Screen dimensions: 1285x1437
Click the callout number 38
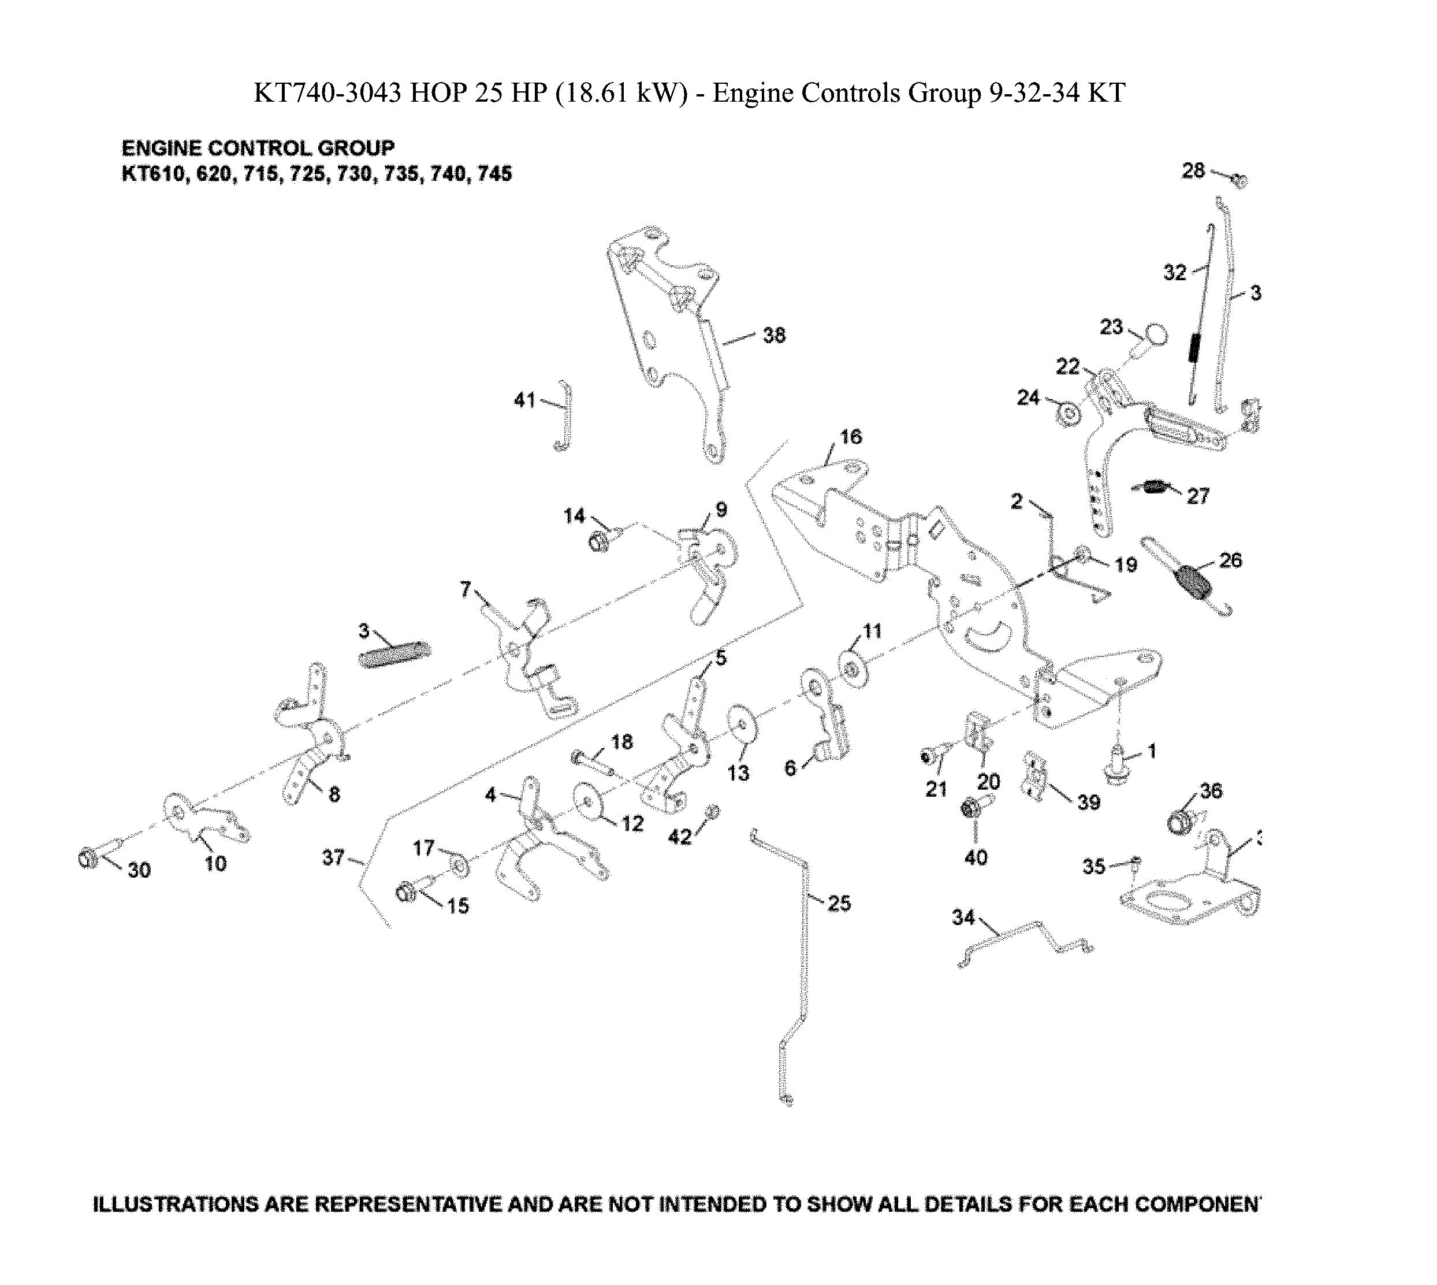[x=775, y=335]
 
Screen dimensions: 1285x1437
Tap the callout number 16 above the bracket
[x=851, y=437]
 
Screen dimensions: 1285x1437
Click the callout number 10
[x=215, y=863]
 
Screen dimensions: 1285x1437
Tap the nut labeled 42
[x=712, y=812]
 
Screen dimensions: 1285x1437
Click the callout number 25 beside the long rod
[x=839, y=903]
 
